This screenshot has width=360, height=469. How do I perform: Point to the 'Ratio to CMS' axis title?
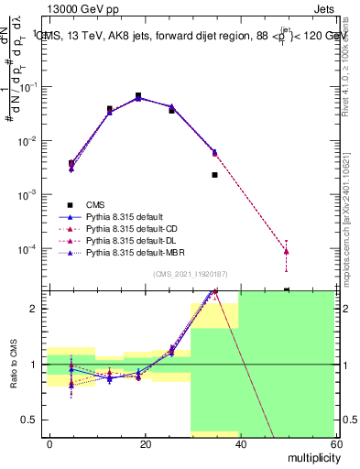pyautogui.click(x=15, y=366)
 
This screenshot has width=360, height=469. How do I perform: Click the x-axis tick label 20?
pyautogui.click(x=145, y=442)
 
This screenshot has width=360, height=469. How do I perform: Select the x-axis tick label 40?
pyautogui.click(x=239, y=442)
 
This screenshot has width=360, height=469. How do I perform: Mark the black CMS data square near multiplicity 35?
pyautogui.click(x=214, y=174)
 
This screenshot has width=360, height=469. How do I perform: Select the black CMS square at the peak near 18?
pyautogui.click(x=138, y=95)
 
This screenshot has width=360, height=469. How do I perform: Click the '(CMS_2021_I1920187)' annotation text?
pyautogui.click(x=191, y=274)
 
